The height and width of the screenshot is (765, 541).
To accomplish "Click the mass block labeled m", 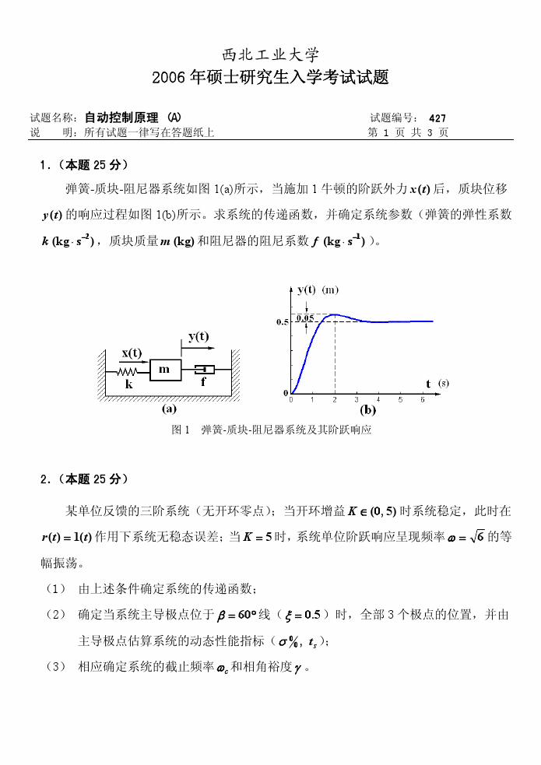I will pyautogui.click(x=164, y=370).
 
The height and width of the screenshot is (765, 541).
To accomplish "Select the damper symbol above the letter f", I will pyautogui.click(x=204, y=369).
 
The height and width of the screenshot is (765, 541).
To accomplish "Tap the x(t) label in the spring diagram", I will pyautogui.click(x=131, y=353).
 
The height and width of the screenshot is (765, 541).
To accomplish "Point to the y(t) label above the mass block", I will pyautogui.click(x=198, y=336).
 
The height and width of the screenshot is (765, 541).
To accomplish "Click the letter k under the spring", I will pyautogui.click(x=129, y=384).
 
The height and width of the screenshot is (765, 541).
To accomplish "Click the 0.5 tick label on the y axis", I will pyautogui.click(x=283, y=322).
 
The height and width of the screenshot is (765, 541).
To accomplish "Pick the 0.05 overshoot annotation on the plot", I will pyautogui.click(x=304, y=318).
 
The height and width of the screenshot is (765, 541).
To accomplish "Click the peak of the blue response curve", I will pyautogui.click(x=334, y=314).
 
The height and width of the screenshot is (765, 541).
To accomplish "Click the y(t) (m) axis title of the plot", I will pyautogui.click(x=317, y=290).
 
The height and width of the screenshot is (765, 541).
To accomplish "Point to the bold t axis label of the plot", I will pyautogui.click(x=428, y=384).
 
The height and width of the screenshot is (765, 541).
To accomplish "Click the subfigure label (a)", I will pyautogui.click(x=169, y=408).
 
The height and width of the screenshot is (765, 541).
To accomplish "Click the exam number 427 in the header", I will pyautogui.click(x=437, y=118).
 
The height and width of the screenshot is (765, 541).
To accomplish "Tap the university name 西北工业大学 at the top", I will pyautogui.click(x=270, y=54).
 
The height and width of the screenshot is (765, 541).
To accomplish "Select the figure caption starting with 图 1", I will pyautogui.click(x=270, y=430).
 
